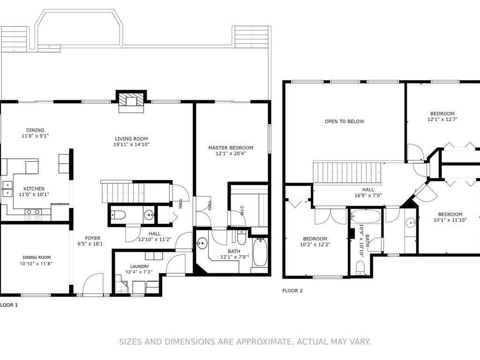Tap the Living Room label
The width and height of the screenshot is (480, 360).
click(x=131, y=139)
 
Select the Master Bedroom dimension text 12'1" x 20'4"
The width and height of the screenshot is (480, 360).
click(x=231, y=153)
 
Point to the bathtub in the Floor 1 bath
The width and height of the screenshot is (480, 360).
click(x=260, y=253)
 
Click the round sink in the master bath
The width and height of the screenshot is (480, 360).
click(x=202, y=244)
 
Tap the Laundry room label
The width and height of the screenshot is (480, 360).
click(x=140, y=266)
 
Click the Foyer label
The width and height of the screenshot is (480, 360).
click(x=92, y=238)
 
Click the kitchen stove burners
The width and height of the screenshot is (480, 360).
click(x=33, y=214)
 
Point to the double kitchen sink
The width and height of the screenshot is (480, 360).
click(x=7, y=189)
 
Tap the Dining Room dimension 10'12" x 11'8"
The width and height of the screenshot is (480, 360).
click(x=37, y=263)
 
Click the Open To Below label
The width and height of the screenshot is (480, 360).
click(x=345, y=121)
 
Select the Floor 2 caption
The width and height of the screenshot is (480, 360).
click(x=292, y=291)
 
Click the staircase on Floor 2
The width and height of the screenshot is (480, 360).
click(x=347, y=173)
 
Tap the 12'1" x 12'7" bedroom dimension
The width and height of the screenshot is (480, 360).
click(x=442, y=120)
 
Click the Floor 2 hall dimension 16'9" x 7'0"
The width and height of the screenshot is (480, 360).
click(x=368, y=195)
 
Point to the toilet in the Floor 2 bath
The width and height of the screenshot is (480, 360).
click(x=360, y=267)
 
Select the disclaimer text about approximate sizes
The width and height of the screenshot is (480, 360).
click(x=245, y=342)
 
